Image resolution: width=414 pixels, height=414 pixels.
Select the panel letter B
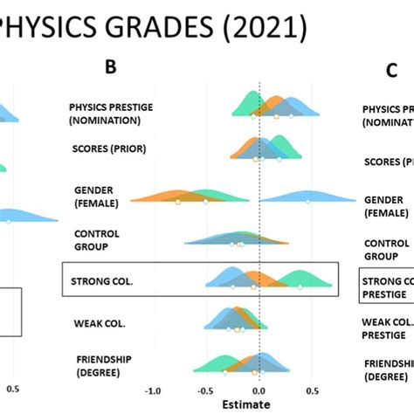tap(111, 67)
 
